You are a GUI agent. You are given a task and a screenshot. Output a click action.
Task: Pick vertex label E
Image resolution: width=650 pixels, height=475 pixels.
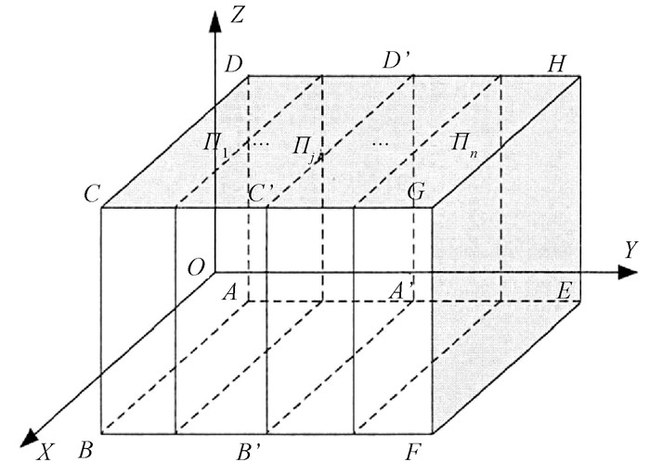[x=564, y=290]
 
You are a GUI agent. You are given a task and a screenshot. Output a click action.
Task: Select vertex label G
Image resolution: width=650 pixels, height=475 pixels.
[x=415, y=194]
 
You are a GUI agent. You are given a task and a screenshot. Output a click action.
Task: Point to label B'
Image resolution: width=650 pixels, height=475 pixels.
[x=251, y=455]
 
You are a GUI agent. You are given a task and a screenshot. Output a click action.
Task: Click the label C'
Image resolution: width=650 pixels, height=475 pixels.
[x=261, y=195]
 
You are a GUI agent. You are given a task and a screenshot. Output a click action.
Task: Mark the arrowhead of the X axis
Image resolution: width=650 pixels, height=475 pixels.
[x=30, y=436]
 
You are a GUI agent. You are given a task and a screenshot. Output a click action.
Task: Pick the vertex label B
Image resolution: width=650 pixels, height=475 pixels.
[x=85, y=455]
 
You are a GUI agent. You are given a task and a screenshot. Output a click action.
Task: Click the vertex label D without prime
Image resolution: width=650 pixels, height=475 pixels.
[x=233, y=65]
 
